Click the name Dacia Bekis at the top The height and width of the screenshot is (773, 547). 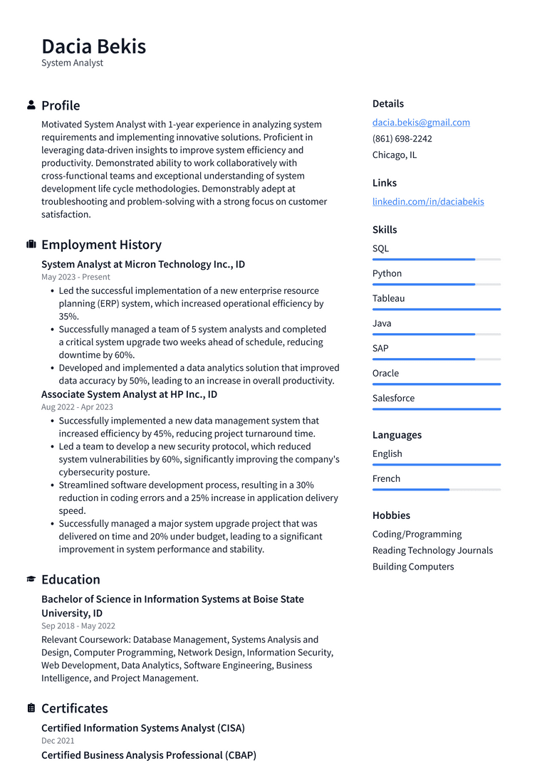point(93,46)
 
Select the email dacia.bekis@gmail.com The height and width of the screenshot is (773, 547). point(421,122)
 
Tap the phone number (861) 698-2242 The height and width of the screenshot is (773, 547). point(402,139)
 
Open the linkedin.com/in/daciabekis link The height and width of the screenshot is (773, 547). point(427,201)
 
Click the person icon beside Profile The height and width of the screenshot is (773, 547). point(31,105)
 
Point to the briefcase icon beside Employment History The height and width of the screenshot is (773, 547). point(31,245)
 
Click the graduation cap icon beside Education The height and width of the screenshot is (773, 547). point(31,579)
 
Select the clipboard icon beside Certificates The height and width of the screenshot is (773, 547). point(31,708)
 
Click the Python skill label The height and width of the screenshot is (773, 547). point(387,273)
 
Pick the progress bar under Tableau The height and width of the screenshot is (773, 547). point(436,310)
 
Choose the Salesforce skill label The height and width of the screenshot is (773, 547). point(393,398)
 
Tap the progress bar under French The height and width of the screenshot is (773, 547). point(436,490)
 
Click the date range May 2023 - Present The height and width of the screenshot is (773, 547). point(75,277)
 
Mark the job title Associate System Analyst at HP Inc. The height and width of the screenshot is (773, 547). point(129,394)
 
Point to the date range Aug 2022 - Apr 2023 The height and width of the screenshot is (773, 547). point(77,407)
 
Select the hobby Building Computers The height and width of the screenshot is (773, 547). point(412,567)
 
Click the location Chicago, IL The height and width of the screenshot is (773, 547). point(394,155)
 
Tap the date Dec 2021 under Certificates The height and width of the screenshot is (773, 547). point(58,741)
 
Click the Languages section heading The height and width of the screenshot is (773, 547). point(397,435)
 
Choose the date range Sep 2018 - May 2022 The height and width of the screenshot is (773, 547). point(78,626)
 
